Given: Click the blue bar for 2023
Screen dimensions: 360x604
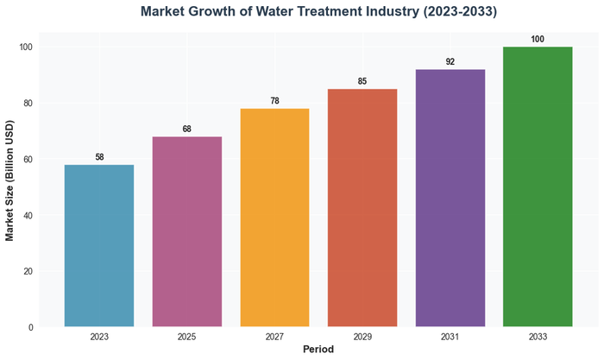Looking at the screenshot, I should click(x=99, y=245).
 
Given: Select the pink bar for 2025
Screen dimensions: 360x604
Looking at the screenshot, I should click(x=187, y=231).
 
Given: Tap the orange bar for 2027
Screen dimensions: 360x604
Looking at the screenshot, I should click(x=274, y=218).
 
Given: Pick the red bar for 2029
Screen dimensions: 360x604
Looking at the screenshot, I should click(x=362, y=207).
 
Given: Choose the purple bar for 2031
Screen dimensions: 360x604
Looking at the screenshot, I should click(x=450, y=198).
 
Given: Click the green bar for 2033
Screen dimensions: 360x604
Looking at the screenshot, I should click(x=538, y=186).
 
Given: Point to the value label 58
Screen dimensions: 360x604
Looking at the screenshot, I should click(x=99, y=157).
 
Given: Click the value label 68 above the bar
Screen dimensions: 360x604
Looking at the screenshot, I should click(x=187, y=129).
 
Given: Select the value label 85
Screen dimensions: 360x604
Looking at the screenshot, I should click(x=362, y=82).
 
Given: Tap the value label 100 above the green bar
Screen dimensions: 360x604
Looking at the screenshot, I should click(x=538, y=40).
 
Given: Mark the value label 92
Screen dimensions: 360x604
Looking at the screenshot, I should click(x=450, y=62).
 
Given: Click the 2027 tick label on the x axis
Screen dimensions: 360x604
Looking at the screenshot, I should click(x=274, y=338).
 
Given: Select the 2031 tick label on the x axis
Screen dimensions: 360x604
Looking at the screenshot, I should click(x=450, y=338).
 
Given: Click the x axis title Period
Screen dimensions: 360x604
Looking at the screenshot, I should click(x=318, y=350).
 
